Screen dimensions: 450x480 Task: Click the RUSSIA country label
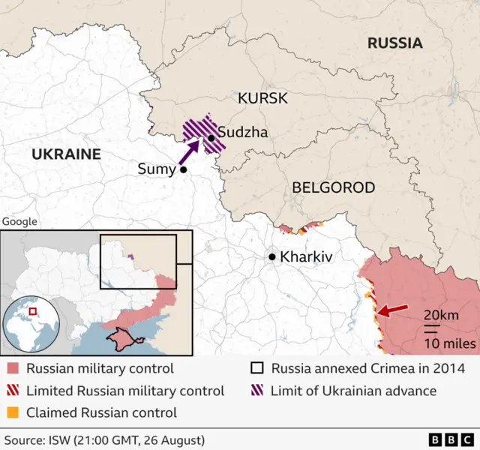pyautogui.click(x=394, y=43)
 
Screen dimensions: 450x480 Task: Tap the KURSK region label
pyautogui.click(x=262, y=98)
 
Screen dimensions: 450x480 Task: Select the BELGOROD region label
pyautogui.click(x=333, y=187)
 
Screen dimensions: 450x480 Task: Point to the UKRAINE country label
pyautogui.click(x=66, y=154)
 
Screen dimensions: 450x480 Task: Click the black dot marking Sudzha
pyautogui.click(x=211, y=137)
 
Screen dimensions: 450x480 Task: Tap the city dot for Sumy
pyautogui.click(x=183, y=170)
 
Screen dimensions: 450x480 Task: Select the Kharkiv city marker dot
pyautogui.click(x=272, y=256)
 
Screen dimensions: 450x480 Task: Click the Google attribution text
pyautogui.click(x=19, y=221)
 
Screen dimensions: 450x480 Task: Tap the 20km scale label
pyautogui.click(x=441, y=315)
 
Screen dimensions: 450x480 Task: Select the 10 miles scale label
pyautogui.click(x=448, y=343)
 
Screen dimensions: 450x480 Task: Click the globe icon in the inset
pyautogui.click(x=31, y=324)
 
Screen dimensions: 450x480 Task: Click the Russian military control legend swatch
pyautogui.click(x=13, y=369)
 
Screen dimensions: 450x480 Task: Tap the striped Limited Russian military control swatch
pyautogui.click(x=13, y=391)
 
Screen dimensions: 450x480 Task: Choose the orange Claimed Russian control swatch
pyautogui.click(x=13, y=412)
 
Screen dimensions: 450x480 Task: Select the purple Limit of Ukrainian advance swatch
pyautogui.click(x=257, y=391)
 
